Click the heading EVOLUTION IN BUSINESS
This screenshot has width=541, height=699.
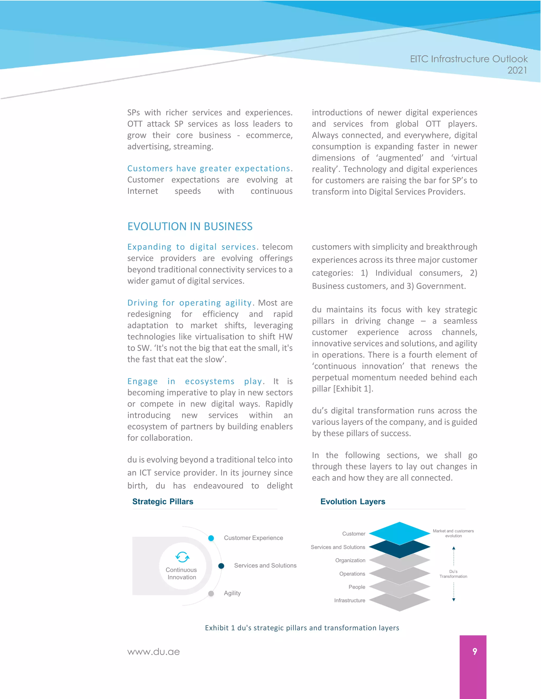[x=190, y=226]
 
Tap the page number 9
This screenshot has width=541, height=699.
[x=475, y=651]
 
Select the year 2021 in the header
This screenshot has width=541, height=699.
[x=517, y=70]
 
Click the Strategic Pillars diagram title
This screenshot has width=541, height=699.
[x=162, y=501]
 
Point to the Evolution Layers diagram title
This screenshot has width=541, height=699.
[x=353, y=501]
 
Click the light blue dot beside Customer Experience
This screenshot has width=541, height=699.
[x=211, y=538]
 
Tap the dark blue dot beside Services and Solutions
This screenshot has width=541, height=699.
[x=221, y=566]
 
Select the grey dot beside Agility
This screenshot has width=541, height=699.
[x=211, y=594]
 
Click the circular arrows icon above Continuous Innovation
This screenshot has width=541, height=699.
[x=182, y=557]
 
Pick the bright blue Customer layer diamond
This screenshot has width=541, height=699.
[x=399, y=533]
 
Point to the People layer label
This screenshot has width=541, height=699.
[x=357, y=587]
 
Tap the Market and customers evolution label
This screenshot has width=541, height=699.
[x=453, y=533]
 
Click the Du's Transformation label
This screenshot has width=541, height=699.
[x=453, y=574]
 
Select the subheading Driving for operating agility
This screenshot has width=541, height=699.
[x=189, y=303]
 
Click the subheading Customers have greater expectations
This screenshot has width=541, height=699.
[x=209, y=168]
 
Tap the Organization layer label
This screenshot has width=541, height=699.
[x=350, y=561]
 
